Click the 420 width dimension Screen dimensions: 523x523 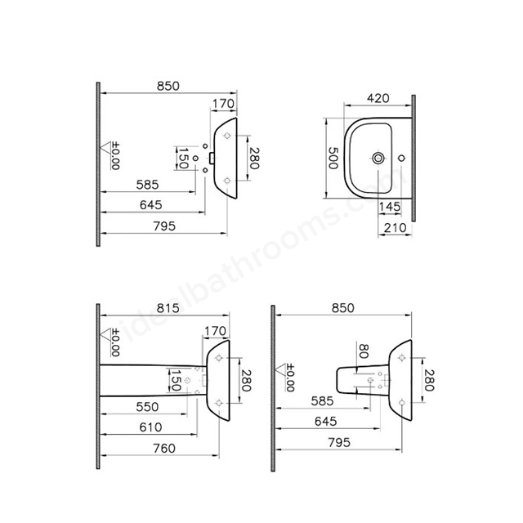click(x=378, y=98)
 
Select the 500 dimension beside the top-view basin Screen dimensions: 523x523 click(x=333, y=158)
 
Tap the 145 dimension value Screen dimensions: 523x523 click(x=390, y=207)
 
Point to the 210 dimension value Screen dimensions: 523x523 click(x=396, y=228)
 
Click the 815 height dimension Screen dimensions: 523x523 click(x=168, y=308)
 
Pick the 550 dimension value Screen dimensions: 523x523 click(x=147, y=407)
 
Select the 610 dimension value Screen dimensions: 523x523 click(x=150, y=427)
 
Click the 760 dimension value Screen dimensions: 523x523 click(x=164, y=449)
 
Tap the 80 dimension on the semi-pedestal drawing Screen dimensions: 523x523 click(x=363, y=351)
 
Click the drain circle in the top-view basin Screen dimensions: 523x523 click(x=378, y=158)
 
